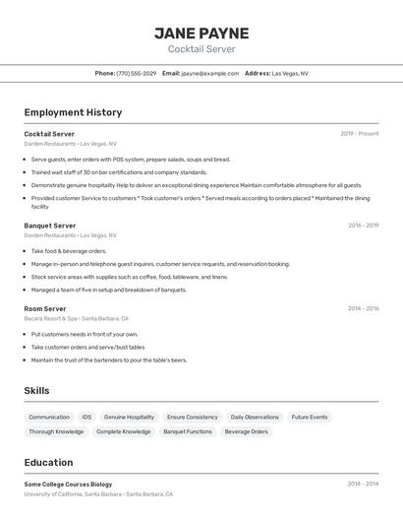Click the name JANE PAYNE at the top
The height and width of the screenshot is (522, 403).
[201, 33]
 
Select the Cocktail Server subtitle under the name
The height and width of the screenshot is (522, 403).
[201, 49]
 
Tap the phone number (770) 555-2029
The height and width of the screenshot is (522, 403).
[136, 73]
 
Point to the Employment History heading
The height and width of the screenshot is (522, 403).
[73, 112]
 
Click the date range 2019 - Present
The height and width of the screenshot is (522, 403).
[360, 134]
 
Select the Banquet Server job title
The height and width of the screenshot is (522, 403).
[50, 226]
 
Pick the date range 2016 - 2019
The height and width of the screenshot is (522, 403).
[363, 226]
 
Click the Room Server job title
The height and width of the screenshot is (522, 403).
[45, 308]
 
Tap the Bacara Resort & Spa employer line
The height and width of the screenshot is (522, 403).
[77, 319]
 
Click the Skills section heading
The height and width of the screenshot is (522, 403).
[36, 391]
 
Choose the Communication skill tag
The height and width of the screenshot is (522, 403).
[49, 418]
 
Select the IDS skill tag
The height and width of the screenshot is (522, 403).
[86, 418]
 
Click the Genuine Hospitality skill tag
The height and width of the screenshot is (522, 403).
[129, 418]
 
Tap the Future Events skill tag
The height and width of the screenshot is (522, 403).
[310, 418]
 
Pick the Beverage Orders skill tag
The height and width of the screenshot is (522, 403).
[246, 431]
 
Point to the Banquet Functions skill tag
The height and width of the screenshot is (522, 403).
[188, 431]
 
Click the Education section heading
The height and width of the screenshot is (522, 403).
[48, 463]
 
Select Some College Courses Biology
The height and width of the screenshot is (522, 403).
[68, 485]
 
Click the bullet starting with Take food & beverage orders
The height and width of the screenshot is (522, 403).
[69, 251]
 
